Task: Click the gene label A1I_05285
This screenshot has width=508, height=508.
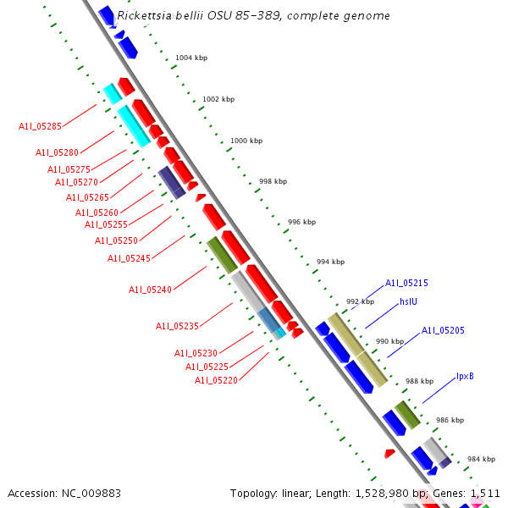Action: pyautogui.click(x=40, y=126)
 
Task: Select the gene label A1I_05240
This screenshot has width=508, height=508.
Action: pyautogui.click(x=150, y=290)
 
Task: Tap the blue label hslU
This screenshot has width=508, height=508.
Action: pyautogui.click(x=409, y=301)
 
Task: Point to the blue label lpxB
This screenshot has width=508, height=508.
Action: pyautogui.click(x=465, y=376)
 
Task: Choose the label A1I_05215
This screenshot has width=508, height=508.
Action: pyautogui.click(x=406, y=284)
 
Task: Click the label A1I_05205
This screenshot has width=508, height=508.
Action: pyautogui.click(x=443, y=330)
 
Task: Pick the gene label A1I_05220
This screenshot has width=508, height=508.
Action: pyautogui.click(x=216, y=381)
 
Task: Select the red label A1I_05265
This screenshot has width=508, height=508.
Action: pyautogui.click(x=87, y=197)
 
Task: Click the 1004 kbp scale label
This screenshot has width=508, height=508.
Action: pyautogui.click(x=191, y=58)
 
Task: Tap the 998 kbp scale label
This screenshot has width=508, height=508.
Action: pyautogui.click(x=273, y=181)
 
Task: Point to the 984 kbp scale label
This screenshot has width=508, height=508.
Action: pyautogui.click(x=481, y=459)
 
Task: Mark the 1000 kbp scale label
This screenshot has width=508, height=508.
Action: pyautogui.click(x=246, y=141)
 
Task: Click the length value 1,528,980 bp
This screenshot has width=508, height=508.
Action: pyautogui.click(x=369, y=493)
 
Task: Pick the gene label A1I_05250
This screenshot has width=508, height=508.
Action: pyautogui.click(x=116, y=240)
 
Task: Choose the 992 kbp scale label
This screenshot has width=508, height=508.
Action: pyautogui.click(x=360, y=301)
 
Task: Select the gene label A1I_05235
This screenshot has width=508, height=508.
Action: pyautogui.click(x=177, y=326)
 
